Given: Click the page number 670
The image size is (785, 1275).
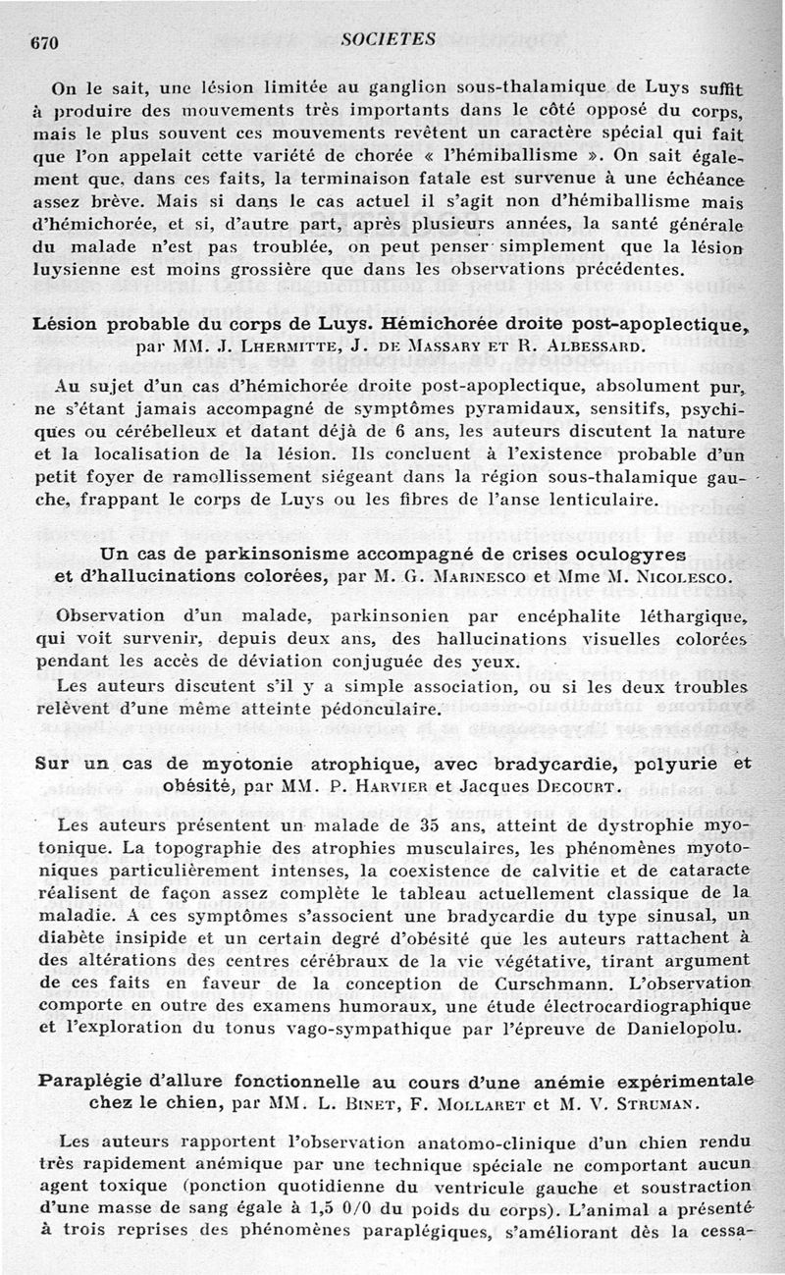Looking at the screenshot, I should [46, 42].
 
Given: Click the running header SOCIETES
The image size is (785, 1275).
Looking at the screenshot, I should [390, 39].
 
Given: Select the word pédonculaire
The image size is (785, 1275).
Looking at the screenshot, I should [389, 709].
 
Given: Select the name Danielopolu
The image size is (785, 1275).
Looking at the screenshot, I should [688, 1028].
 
